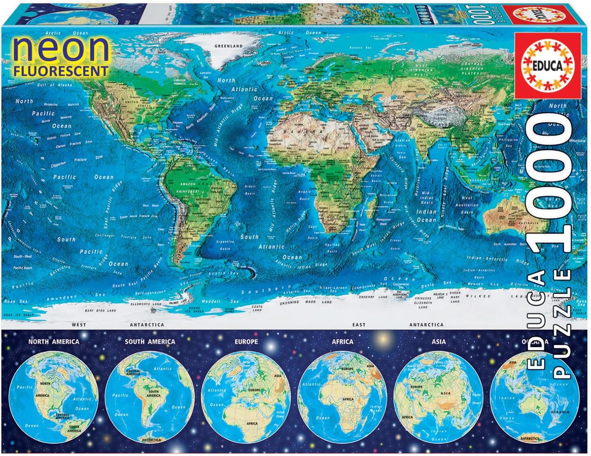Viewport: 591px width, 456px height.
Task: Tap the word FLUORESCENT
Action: pyautogui.click(x=60, y=70)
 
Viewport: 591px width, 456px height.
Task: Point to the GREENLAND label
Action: pyautogui.click(x=228, y=46)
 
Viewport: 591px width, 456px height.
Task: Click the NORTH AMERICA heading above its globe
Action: pyautogui.click(x=54, y=341)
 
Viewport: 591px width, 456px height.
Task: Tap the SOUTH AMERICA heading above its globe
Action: pyautogui.click(x=150, y=341)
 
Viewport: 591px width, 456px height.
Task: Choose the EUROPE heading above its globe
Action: pyautogui.click(x=246, y=341)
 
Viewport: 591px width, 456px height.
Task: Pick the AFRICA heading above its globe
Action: pyautogui.click(x=342, y=341)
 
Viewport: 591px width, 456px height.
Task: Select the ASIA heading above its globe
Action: pyautogui.click(x=439, y=341)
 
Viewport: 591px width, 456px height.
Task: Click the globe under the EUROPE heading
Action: pyautogui.click(x=246, y=398)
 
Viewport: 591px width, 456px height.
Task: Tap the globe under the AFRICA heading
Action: pyautogui.click(x=342, y=398)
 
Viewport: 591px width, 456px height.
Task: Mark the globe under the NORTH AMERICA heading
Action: pyautogui.click(x=54, y=398)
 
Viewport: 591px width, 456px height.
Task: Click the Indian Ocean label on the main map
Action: pyautogui.click(x=426, y=215)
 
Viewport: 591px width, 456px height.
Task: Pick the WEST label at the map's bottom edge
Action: pyautogui.click(x=79, y=324)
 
